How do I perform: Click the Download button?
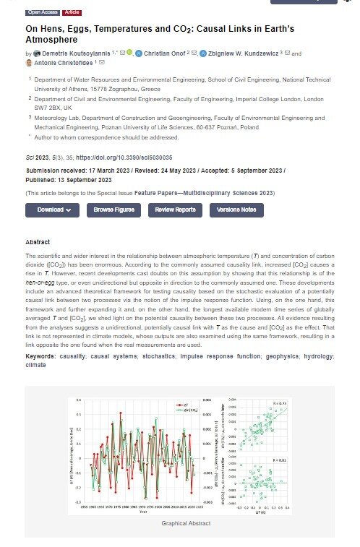53,210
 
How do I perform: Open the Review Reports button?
176,210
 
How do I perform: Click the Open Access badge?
43,12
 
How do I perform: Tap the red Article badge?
72,12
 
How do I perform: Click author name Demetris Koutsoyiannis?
80,53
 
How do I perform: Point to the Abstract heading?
38,242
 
